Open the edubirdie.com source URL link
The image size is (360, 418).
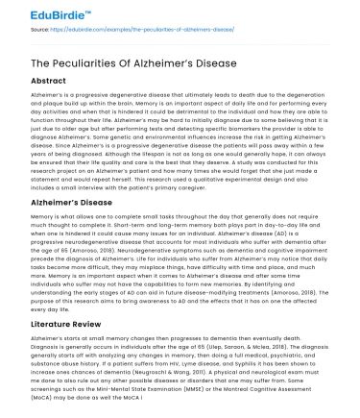point(159,31)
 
